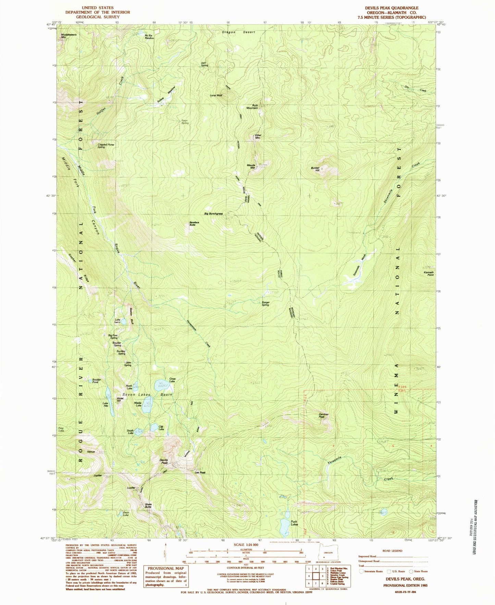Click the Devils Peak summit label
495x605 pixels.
[x=164, y=461]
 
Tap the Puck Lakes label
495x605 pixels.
[x=294, y=523]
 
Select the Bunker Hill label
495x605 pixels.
[x=315, y=169]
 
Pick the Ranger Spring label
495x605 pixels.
[x=265, y=304]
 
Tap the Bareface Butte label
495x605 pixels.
[x=194, y=223]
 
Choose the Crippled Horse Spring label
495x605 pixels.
[x=106, y=145]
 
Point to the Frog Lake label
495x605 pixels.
[x=61, y=429]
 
